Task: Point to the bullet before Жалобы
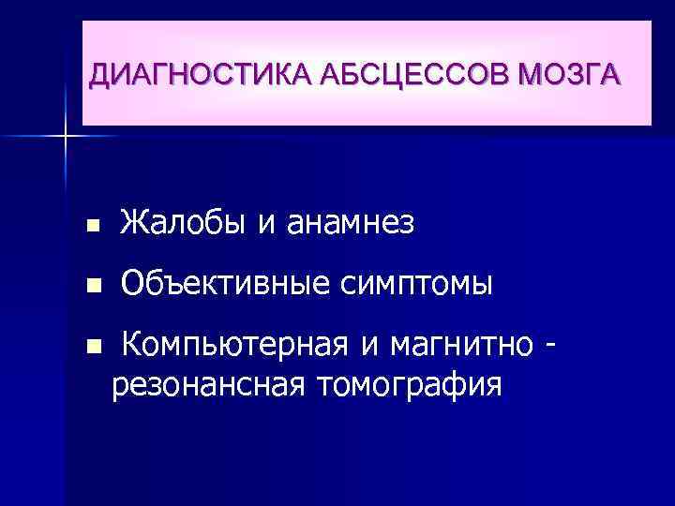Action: point(91,226)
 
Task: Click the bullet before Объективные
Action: point(91,285)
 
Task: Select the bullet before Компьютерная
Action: point(91,348)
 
